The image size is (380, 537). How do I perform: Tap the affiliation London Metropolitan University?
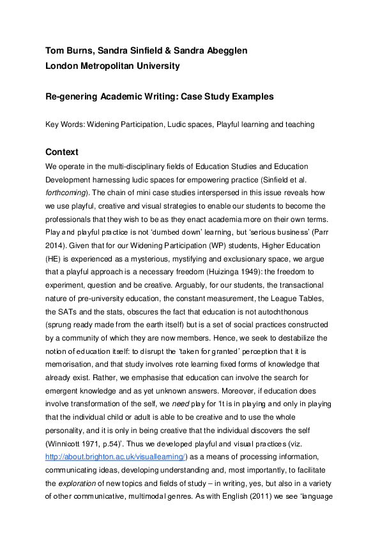[x=112, y=66]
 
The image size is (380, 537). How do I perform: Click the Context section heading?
[x=62, y=152]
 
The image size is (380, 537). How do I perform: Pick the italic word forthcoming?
[x=66, y=180]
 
